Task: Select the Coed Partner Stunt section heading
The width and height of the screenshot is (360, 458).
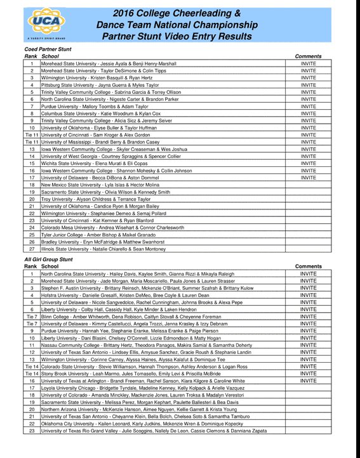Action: coord(48,49)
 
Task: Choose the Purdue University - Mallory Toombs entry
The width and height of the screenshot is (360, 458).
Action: coord(95,106)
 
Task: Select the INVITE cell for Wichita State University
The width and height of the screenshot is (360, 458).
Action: coord(308,164)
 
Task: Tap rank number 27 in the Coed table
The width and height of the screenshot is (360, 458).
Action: coord(32,249)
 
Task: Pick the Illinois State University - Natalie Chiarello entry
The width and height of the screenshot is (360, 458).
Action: coord(103,249)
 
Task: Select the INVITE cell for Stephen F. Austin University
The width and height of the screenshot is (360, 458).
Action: coord(308,287)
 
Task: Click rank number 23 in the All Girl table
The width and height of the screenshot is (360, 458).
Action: coord(32,431)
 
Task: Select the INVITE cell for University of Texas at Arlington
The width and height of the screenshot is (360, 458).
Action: coord(308,381)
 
